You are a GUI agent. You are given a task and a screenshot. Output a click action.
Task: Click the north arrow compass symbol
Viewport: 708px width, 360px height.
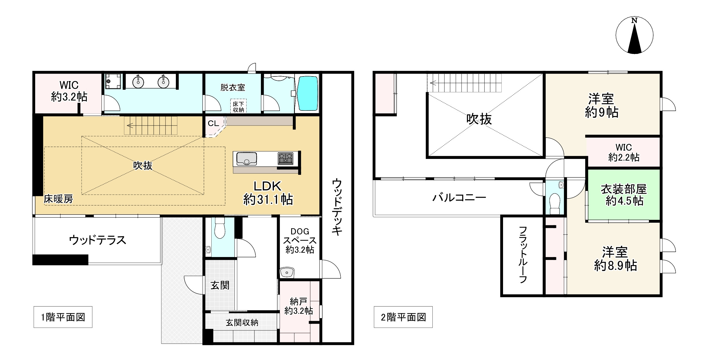pos(634,35)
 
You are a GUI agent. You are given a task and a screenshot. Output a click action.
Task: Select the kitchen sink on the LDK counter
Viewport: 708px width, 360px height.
pos(246,159)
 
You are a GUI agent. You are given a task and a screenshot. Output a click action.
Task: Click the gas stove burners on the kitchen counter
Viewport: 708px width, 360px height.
pos(285,159)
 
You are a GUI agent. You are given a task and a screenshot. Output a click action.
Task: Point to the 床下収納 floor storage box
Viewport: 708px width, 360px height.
pos(238,106)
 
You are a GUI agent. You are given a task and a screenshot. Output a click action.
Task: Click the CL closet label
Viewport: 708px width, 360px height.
pos(213,123)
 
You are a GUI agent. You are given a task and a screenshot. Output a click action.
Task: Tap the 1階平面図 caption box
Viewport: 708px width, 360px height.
pos(63,317)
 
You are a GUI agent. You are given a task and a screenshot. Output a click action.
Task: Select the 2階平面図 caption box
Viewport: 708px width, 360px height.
pos(403,317)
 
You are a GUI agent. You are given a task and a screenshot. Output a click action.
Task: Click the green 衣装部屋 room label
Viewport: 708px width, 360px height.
pos(624,195)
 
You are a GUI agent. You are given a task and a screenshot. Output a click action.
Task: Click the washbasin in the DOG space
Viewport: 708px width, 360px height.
pos(287,272)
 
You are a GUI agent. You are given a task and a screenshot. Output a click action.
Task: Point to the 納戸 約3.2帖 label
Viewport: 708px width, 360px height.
pos(299,306)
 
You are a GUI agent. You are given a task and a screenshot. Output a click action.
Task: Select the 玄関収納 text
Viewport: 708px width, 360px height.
pos(242,322)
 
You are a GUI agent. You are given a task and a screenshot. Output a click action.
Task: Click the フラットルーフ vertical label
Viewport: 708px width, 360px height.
pos(523,255)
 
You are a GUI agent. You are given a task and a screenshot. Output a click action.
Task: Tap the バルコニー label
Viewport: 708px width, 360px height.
pos(459,198)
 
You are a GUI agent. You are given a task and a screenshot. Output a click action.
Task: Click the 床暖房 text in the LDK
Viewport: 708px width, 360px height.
pos(59,199)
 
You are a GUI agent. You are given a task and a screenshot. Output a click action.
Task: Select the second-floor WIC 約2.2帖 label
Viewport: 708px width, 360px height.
pos(624,152)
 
